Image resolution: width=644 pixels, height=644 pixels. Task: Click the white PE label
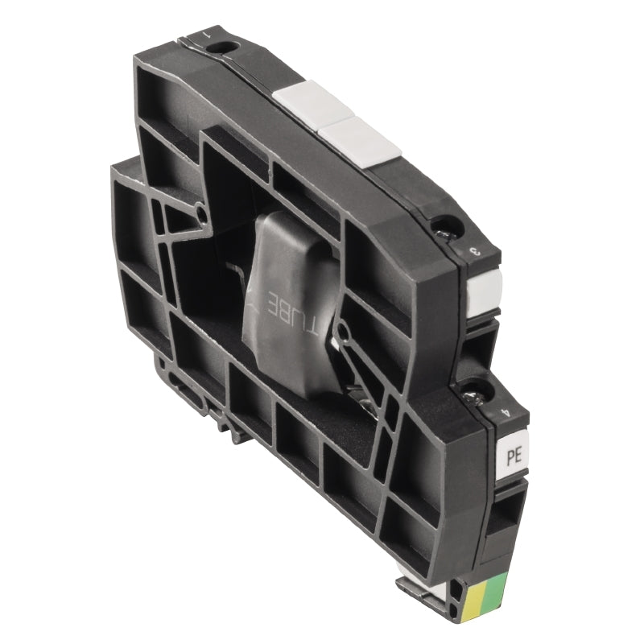click(513, 455)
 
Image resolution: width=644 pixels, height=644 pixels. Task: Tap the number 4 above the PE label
click(505, 413)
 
